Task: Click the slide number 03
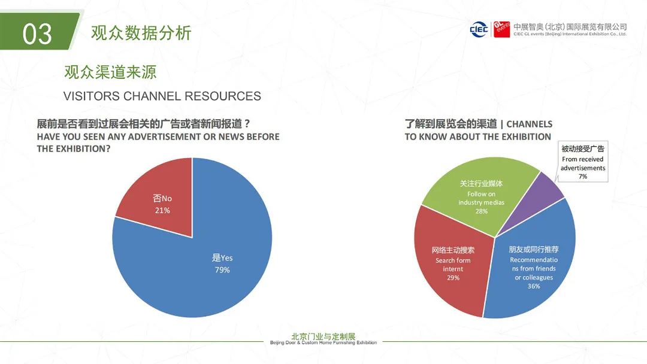click(x=37, y=34)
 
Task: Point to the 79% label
click(x=222, y=270)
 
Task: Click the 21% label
click(x=162, y=210)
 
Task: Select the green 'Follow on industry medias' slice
click(x=473, y=192)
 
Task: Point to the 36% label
click(x=534, y=286)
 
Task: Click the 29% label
click(x=453, y=278)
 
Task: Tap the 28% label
click(x=481, y=211)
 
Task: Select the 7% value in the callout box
click(x=583, y=177)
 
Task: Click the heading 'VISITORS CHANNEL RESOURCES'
click(x=162, y=96)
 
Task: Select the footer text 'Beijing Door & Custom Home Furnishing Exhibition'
click(x=323, y=343)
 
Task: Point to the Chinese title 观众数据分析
click(x=141, y=33)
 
